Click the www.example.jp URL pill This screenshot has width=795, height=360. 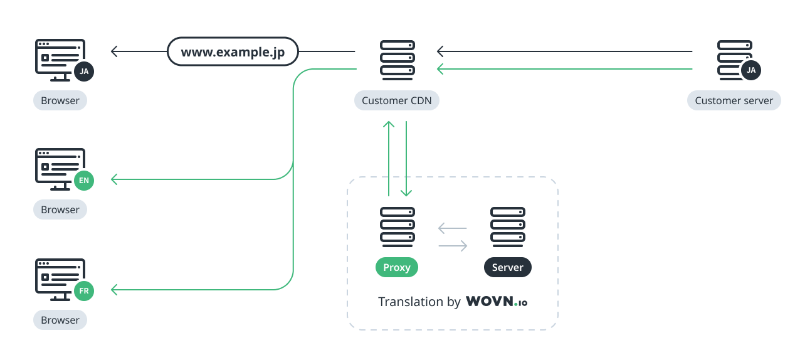pyautogui.click(x=233, y=52)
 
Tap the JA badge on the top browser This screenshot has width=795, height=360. pyautogui.click(x=84, y=71)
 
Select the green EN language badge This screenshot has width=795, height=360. pyautogui.click(x=83, y=181)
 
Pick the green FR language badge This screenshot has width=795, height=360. pyautogui.click(x=83, y=291)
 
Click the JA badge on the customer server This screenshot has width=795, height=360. pyautogui.click(x=751, y=70)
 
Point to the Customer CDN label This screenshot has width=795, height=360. pyautogui.click(x=397, y=100)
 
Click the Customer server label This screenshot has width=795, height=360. pyautogui.click(x=734, y=100)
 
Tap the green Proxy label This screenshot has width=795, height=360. pyautogui.click(x=397, y=268)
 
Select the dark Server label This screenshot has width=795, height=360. pyautogui.click(x=507, y=268)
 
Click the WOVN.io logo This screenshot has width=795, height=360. pyautogui.click(x=497, y=302)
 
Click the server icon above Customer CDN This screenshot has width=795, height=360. pyautogui.click(x=397, y=60)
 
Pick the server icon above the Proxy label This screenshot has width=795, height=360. pyautogui.click(x=397, y=226)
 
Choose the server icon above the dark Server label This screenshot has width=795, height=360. pyautogui.click(x=507, y=226)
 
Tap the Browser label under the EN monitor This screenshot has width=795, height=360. pyautogui.click(x=60, y=209)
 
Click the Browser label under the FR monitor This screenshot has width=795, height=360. pyautogui.click(x=60, y=320)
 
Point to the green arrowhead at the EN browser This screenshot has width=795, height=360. pyautogui.click(x=114, y=179)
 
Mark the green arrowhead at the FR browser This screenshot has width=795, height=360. pyautogui.click(x=114, y=289)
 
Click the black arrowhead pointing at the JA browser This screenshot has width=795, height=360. pyautogui.click(x=114, y=51)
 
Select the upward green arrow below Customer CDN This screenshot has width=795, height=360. pyautogui.click(x=389, y=157)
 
